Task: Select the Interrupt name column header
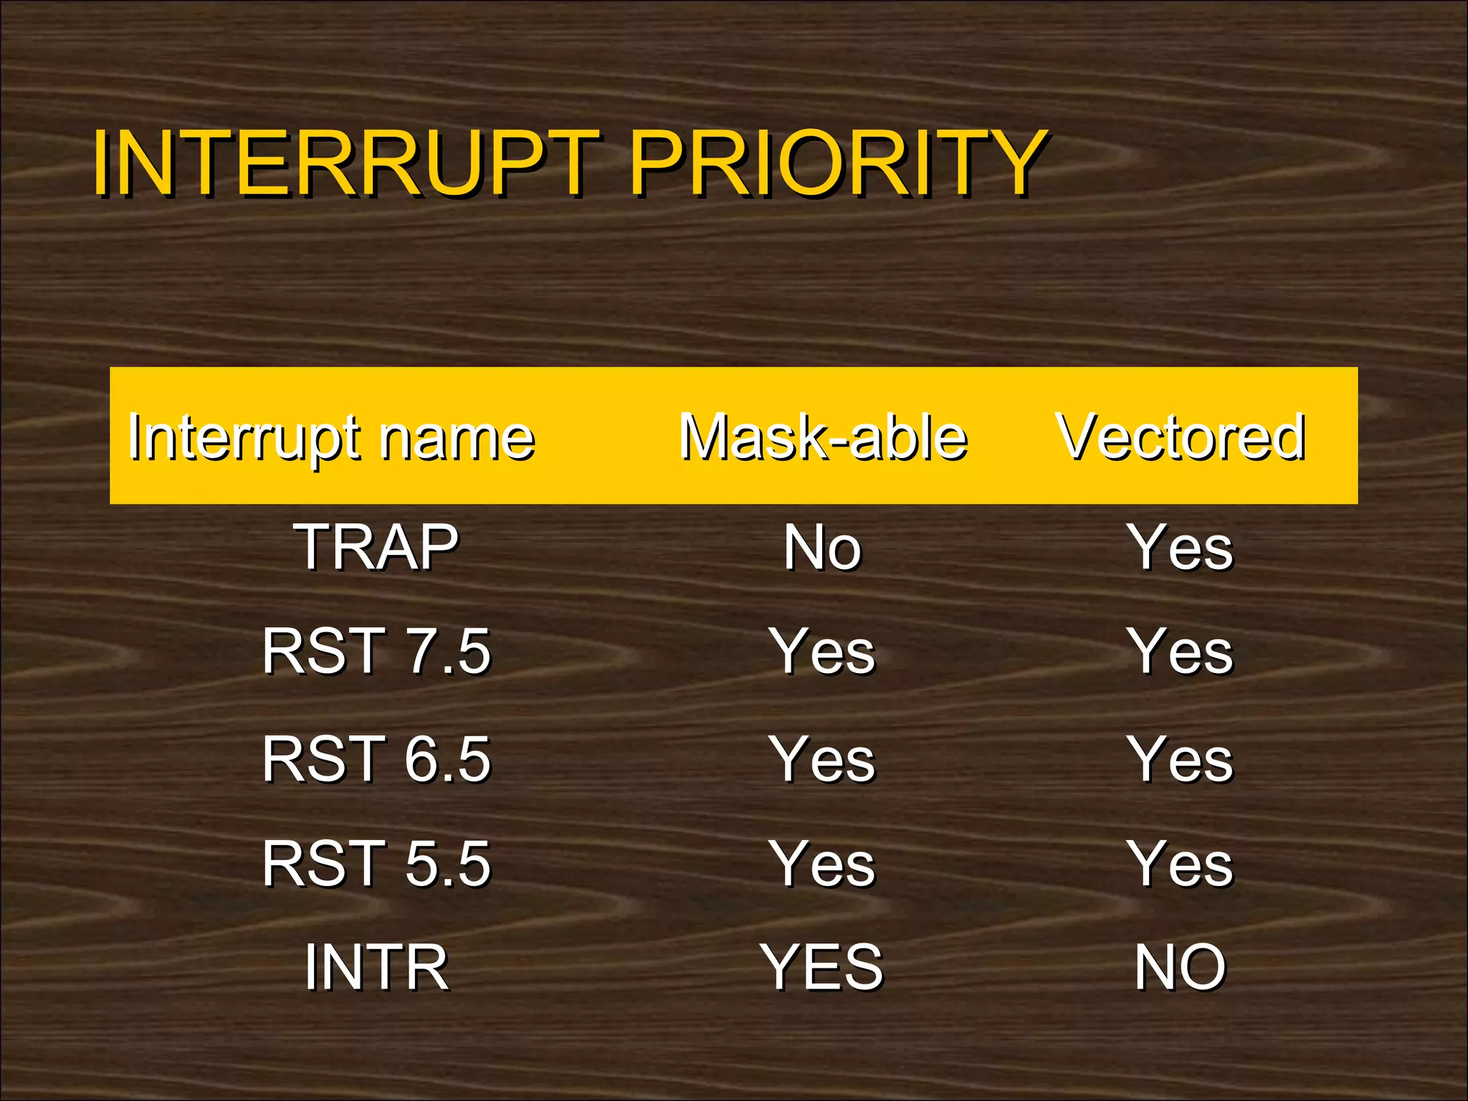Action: point(331,437)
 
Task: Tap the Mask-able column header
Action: point(823,437)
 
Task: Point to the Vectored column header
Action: point(1181,437)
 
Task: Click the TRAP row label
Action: point(376,548)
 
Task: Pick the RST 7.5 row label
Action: point(376,652)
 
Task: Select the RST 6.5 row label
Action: point(376,759)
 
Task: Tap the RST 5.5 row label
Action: point(376,864)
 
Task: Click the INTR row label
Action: point(376,968)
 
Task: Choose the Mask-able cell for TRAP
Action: point(822,548)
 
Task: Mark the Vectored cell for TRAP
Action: point(1181,548)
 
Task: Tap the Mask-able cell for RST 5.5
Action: point(822,864)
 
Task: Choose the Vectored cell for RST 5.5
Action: point(1181,864)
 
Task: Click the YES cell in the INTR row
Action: point(822,968)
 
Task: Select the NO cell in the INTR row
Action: point(1181,968)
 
